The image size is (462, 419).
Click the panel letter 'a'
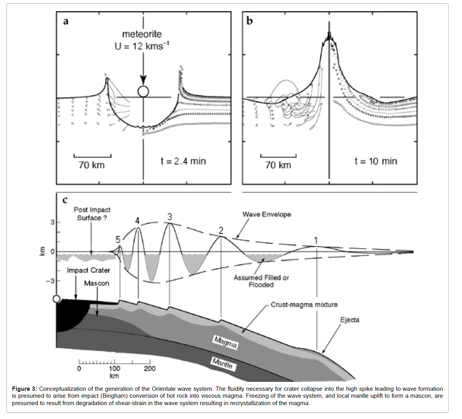66,21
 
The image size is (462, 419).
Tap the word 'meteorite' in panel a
142,34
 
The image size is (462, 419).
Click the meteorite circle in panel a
143,91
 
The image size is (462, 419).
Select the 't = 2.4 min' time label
183,161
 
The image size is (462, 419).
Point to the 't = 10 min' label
375,161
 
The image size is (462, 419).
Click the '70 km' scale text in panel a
92,165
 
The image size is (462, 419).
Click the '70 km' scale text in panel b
278,165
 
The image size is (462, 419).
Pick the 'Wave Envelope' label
267,214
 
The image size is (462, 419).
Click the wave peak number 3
170,217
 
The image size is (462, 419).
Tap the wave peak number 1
316,241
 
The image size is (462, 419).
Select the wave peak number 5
118,240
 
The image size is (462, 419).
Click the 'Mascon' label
97,284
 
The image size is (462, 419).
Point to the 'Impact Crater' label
88,270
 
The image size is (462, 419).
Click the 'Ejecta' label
350,320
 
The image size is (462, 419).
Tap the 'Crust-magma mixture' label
304,305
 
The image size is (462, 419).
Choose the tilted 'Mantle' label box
223,363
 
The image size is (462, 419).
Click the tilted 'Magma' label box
225,342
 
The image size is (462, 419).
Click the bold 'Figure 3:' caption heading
24,389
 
